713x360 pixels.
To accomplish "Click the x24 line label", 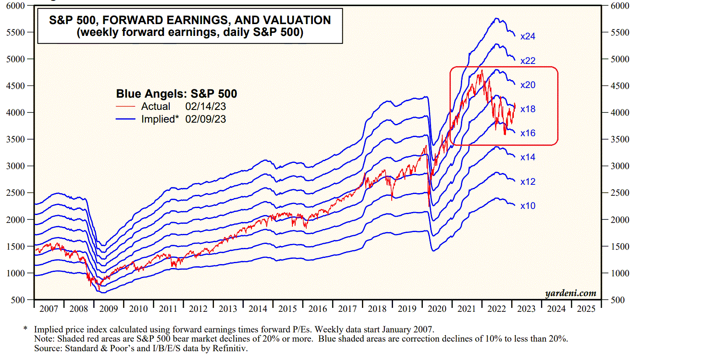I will [527, 36].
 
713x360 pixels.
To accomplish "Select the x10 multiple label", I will [527, 206].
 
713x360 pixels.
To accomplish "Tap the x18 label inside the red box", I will [527, 109].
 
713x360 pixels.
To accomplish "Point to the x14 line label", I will [527, 157].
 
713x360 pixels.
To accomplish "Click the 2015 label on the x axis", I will [288, 309].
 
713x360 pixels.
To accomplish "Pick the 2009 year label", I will [109, 309].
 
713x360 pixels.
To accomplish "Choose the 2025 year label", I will [586, 309].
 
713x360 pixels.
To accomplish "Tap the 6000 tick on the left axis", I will [15, 6].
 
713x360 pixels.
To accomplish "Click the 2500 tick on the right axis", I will [620, 193].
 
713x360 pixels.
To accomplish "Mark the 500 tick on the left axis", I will [18, 300].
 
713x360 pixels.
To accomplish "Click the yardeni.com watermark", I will [571, 293].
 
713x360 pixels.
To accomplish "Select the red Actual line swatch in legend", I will [126, 106].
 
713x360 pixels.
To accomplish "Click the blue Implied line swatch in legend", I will [126, 119].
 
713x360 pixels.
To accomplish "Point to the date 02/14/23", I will [205, 106].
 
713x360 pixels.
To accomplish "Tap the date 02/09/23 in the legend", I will [205, 119].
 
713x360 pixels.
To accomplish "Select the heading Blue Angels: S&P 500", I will [176, 94].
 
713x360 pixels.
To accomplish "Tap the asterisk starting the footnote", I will [25, 328].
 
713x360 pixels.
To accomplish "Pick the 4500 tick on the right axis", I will [620, 86].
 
